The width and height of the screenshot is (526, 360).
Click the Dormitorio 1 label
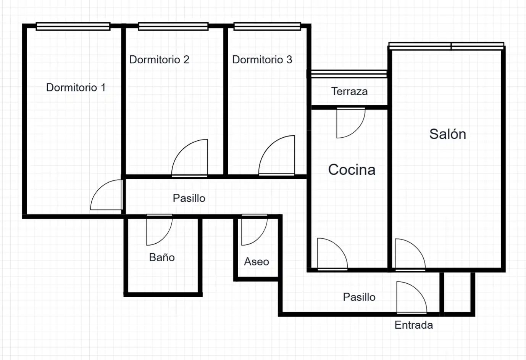pyautogui.click(x=76, y=87)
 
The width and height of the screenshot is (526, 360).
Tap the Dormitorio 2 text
pyautogui.click(x=159, y=59)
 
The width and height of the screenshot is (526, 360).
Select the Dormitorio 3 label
pyautogui.click(x=262, y=59)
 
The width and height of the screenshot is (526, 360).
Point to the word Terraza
pyautogui.click(x=349, y=91)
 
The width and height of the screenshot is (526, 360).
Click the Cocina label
pyautogui.click(x=352, y=170)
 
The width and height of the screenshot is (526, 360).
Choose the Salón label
pyautogui.click(x=448, y=134)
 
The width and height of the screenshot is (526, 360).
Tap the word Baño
pyautogui.click(x=162, y=257)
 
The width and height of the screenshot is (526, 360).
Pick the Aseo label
pyautogui.click(x=257, y=262)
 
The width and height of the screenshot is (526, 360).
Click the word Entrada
pyautogui.click(x=413, y=325)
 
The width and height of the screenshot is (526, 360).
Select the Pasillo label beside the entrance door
pyautogui.click(x=359, y=297)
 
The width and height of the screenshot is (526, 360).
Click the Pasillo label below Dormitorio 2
pyautogui.click(x=189, y=198)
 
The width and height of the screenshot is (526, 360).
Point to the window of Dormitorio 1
pyautogui.click(x=73, y=26)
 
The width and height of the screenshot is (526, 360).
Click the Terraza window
pyautogui.click(x=349, y=74)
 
